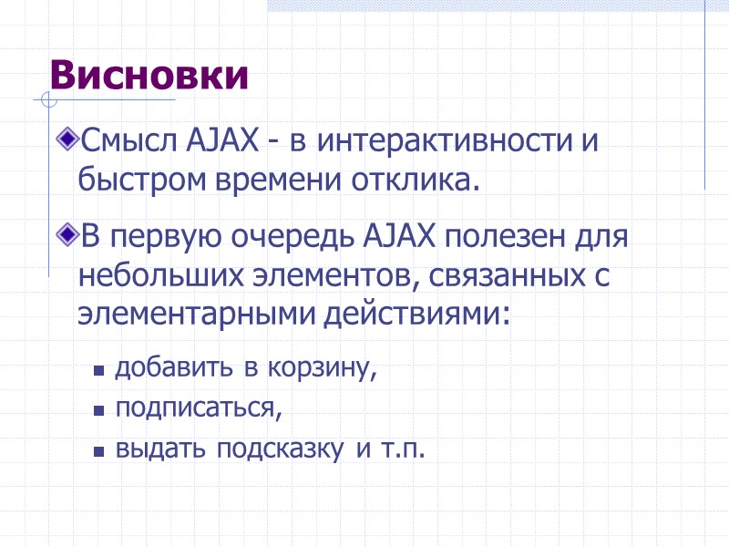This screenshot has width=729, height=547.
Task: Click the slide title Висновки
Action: point(149,75)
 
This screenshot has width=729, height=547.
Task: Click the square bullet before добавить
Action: point(98,371)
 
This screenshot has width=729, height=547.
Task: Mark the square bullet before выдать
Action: point(98,451)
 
